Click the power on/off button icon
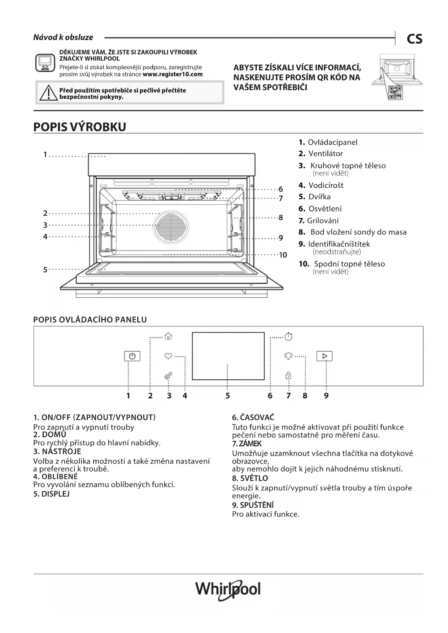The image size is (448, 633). [132, 356]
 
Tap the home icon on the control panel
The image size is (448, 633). [168, 336]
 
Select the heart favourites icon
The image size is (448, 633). [168, 356]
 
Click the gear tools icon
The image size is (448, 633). [168, 376]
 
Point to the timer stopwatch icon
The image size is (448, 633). [288, 336]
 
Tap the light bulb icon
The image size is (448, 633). [288, 356]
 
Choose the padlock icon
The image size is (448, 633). [288, 375]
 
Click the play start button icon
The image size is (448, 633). [325, 356]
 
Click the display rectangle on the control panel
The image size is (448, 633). [228, 356]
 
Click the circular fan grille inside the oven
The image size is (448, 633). [171, 227]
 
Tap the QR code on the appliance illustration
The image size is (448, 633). [396, 93]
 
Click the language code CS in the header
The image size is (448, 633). [414, 39]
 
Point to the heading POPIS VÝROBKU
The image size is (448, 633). [80, 127]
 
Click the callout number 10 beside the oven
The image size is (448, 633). [283, 255]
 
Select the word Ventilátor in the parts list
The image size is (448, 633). [326, 154]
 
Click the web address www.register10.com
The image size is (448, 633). [173, 74]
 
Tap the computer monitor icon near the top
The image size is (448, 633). [45, 63]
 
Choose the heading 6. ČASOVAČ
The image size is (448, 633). [253, 418]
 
